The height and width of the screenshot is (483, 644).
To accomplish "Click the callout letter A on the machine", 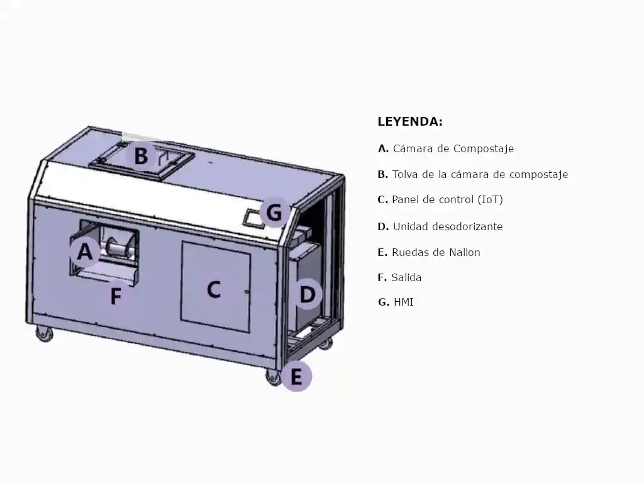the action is coord(85,252).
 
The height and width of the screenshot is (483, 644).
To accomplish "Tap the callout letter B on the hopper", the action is coord(142,156).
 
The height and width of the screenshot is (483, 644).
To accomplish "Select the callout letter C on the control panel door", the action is coord(214,290).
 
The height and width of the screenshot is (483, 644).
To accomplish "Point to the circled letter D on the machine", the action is coord(307,295).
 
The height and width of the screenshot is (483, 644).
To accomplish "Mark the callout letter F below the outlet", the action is coord(116,296).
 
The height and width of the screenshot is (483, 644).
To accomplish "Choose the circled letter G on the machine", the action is coord(274,213).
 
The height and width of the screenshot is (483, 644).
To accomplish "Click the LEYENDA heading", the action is coord(410,121).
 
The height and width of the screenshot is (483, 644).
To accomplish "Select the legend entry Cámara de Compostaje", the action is coord(453,148).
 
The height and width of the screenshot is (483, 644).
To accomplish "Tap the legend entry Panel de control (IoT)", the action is coord(447,199).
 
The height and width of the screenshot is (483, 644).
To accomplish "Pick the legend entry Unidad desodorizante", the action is coord(448,226).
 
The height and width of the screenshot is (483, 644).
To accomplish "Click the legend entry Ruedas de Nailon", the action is coord(436,252).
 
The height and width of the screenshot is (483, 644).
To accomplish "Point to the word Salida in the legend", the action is coord(406,277).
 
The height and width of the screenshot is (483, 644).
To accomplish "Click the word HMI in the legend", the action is coord(403,303).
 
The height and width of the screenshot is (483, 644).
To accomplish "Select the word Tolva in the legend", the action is coord(405,174).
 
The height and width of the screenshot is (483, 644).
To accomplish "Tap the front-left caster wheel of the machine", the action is coord(44,333).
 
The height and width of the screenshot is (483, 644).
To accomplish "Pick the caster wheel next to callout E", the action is coord(273,376).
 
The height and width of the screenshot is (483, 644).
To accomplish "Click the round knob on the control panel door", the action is coord(247,292).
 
